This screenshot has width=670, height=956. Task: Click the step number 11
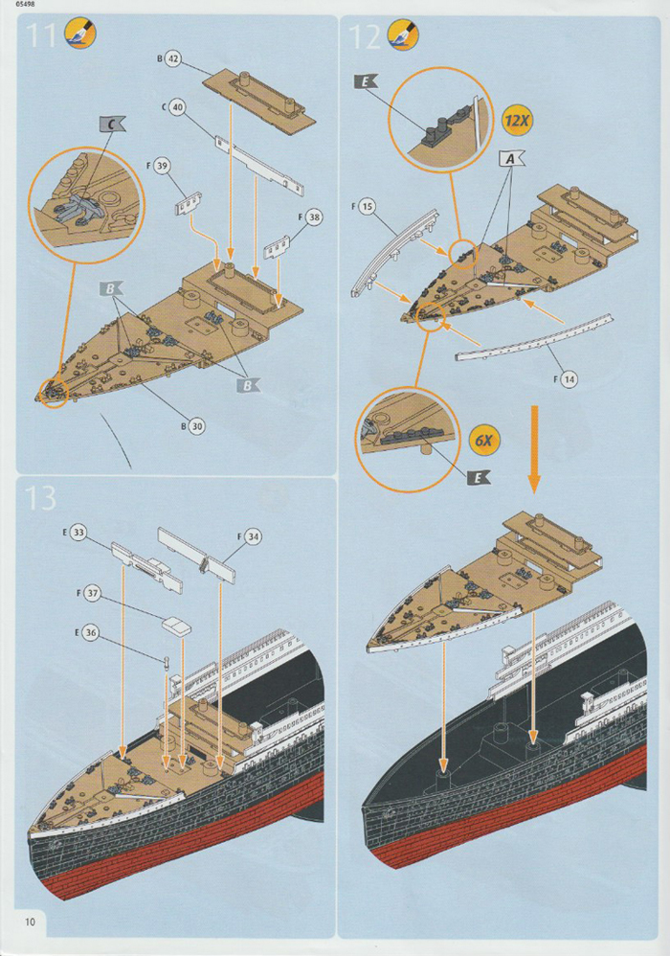(x=42, y=36)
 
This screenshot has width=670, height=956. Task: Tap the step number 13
(x=42, y=497)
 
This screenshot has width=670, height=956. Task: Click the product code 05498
(x=16, y=5)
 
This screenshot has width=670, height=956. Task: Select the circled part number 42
(x=173, y=58)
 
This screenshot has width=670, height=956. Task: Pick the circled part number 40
(x=177, y=108)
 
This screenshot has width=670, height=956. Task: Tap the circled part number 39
(x=162, y=167)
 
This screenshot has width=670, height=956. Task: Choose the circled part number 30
(x=196, y=426)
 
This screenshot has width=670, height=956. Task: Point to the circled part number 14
(x=568, y=380)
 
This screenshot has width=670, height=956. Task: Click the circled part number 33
(x=78, y=532)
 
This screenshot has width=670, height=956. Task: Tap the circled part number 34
(x=253, y=536)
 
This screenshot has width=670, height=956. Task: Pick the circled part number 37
(x=92, y=594)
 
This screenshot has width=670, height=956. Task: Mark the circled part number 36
(x=90, y=632)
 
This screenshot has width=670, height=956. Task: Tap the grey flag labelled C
(x=112, y=124)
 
